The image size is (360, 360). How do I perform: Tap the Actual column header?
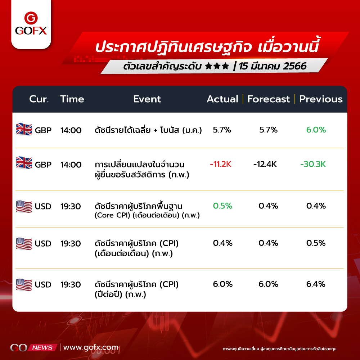(x=222, y=99)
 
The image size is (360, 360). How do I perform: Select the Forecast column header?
(x=269, y=99)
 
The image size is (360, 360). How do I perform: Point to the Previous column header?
(x=321, y=99)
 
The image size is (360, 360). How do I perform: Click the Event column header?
(x=147, y=99)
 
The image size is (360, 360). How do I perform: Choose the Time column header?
(x=72, y=99)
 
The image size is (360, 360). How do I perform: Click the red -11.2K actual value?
(x=221, y=164)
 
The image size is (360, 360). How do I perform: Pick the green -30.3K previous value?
(x=313, y=164)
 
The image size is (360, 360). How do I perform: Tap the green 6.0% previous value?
(x=316, y=130)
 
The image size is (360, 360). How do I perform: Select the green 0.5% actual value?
(x=222, y=206)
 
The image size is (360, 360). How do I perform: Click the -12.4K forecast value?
(x=265, y=164)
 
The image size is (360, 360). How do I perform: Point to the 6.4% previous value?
(x=316, y=284)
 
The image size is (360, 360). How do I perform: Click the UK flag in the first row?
(x=24, y=129)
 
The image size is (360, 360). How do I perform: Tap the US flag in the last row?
(x=24, y=285)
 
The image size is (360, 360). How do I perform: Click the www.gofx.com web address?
(x=91, y=347)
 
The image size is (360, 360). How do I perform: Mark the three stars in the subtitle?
(x=217, y=66)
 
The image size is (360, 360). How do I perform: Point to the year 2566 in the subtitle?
(x=294, y=66)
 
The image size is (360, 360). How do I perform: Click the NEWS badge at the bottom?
(x=42, y=348)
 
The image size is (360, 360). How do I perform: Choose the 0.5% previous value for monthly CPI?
(x=316, y=243)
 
